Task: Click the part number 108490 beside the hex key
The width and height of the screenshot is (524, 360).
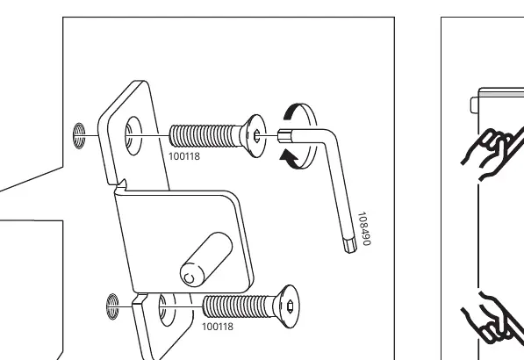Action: (x=364, y=228)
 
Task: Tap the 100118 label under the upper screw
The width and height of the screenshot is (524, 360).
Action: (x=184, y=156)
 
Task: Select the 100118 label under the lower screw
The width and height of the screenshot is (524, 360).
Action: (x=218, y=327)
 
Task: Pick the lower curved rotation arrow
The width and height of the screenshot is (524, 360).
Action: (x=290, y=160)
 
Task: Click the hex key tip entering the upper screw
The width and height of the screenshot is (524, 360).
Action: (x=284, y=136)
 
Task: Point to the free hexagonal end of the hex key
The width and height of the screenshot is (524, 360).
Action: (x=350, y=245)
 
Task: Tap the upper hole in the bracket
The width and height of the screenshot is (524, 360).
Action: (x=133, y=136)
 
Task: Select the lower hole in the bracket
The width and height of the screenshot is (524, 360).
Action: (x=167, y=310)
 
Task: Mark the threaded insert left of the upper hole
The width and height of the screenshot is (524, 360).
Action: (x=79, y=136)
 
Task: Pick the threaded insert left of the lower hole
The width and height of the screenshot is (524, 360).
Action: (x=112, y=306)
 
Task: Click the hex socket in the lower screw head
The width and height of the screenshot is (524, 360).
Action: (x=290, y=306)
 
